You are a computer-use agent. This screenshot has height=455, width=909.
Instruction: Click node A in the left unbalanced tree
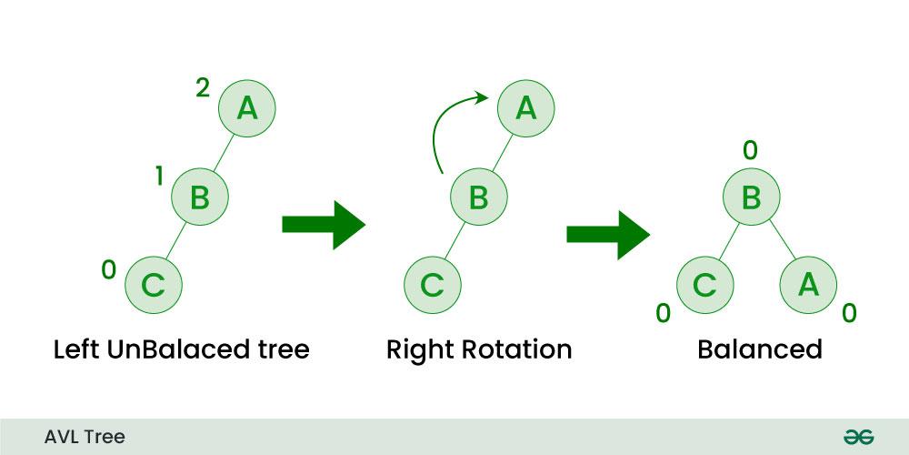point(246,108)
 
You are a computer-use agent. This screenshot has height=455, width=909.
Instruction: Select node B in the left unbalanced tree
point(199,196)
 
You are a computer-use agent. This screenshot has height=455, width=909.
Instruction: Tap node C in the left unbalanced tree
point(154,284)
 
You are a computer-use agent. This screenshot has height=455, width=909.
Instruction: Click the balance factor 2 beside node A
point(203,88)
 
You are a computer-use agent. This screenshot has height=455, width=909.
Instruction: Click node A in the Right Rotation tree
point(524,108)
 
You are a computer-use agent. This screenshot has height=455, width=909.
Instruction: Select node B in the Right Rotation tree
point(478,196)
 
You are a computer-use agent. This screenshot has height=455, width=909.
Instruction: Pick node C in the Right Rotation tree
point(432,284)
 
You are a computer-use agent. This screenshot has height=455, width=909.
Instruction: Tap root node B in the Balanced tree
point(751,197)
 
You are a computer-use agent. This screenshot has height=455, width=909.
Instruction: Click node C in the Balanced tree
point(705,284)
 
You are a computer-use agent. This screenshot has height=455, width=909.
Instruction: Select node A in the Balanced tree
point(808,284)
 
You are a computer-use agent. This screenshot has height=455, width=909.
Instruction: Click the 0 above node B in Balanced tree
point(750,150)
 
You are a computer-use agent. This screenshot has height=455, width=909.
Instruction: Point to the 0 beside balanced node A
point(849,313)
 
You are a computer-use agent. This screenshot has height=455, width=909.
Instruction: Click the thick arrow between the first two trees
point(323,224)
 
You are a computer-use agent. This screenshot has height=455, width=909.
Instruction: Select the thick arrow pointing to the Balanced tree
point(607,233)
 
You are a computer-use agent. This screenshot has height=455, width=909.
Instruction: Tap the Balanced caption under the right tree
point(759,349)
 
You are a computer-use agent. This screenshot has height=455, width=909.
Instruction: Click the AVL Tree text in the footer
point(85,437)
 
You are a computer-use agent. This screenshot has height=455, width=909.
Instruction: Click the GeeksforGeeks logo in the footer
point(858,437)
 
